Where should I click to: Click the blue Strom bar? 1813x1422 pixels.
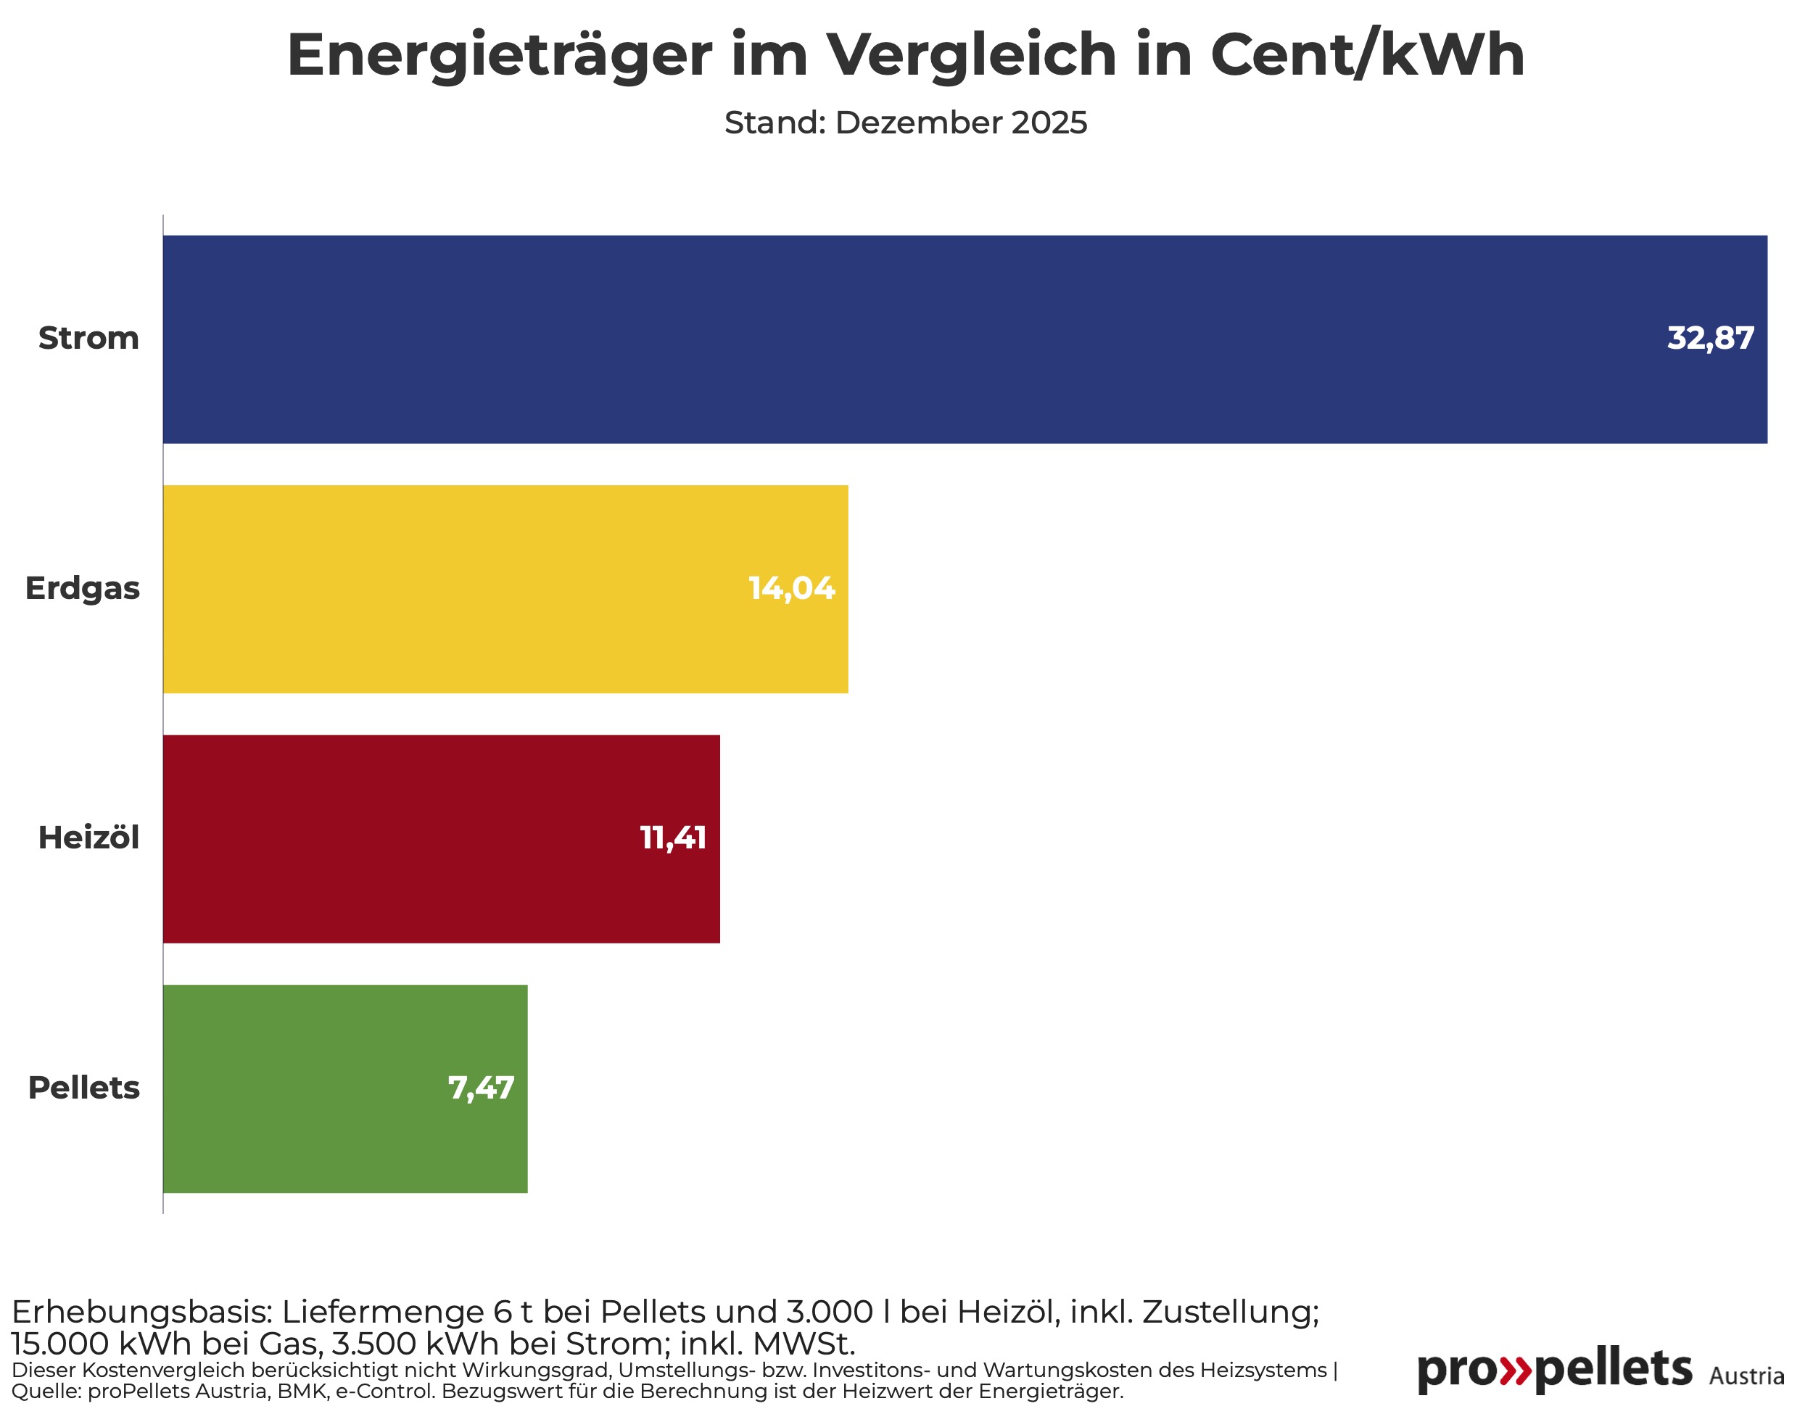point(916,339)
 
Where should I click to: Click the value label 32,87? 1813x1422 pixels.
point(1710,339)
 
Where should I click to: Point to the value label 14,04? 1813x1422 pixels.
point(790,589)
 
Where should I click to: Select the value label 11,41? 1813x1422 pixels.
point(672,838)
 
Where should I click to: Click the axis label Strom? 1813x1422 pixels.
point(88,339)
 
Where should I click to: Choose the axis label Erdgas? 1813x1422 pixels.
point(83,589)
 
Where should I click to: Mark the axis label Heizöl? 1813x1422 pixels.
point(88,838)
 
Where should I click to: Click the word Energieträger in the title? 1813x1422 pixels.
point(499,57)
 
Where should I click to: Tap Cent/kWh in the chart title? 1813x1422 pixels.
point(1367,55)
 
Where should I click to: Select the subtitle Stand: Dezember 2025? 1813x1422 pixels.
point(906,123)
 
